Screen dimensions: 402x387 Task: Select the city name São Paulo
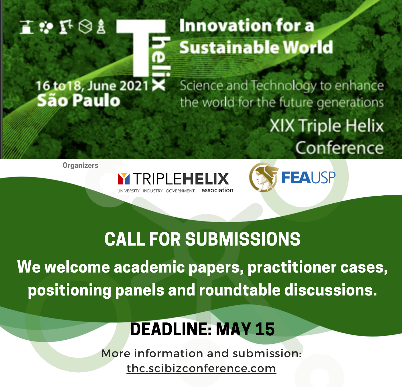tap(79, 100)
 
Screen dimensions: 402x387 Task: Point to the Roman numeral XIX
tap(282, 126)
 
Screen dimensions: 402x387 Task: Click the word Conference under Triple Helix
tap(340, 148)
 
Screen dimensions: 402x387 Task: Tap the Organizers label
tap(80, 166)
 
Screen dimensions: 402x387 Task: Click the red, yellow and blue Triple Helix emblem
tap(124, 179)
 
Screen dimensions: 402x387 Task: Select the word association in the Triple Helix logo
tap(217, 190)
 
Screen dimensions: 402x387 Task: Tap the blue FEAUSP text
tap(308, 178)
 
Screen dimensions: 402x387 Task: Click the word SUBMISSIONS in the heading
tap(243, 239)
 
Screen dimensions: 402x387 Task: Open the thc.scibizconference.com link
tap(201, 368)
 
